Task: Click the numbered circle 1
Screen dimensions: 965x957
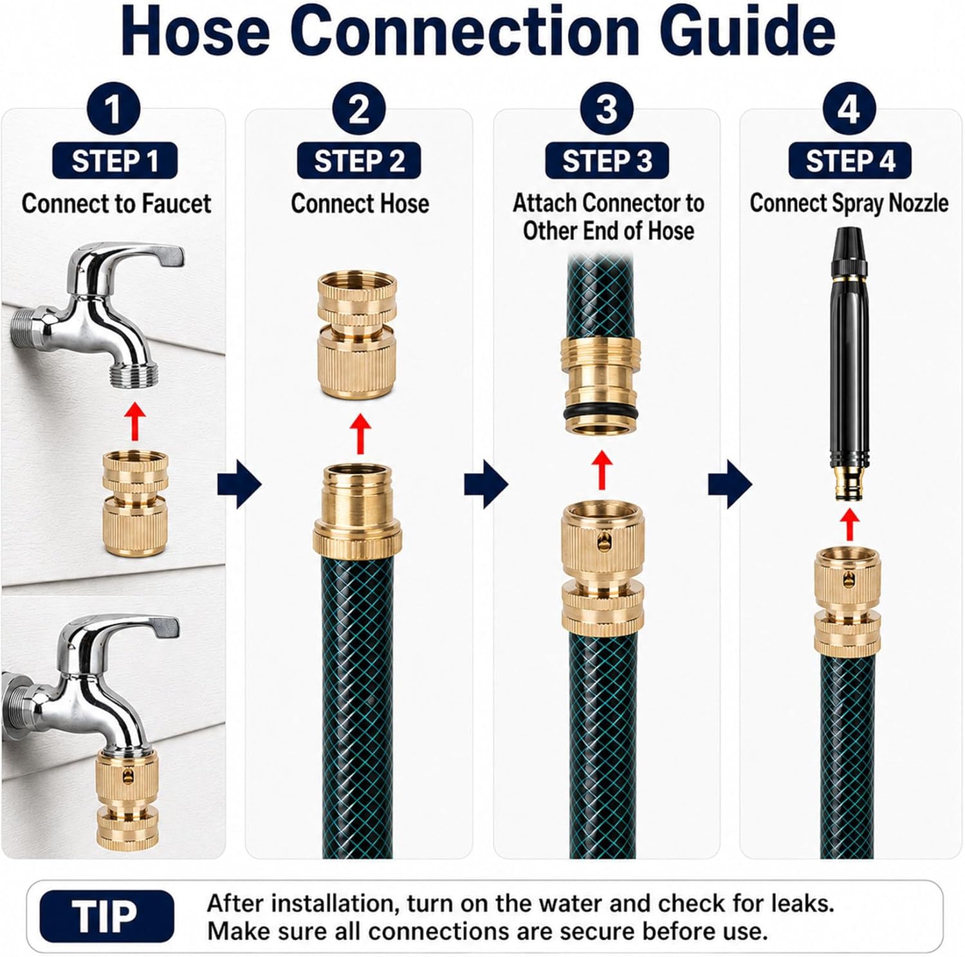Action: point(113,108)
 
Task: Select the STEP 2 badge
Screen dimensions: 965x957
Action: point(359,161)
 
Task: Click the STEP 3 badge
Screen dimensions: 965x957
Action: point(607,161)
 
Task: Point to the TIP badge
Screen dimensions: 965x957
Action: point(106,916)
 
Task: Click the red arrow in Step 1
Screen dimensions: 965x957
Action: point(134,422)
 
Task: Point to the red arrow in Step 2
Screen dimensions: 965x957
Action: point(360,434)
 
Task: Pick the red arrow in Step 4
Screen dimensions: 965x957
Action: point(850,525)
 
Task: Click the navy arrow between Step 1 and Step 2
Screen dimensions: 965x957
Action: point(239,484)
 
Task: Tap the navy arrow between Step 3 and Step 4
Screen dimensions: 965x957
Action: point(730,484)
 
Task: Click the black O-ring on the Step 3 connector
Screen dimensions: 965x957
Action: point(602,414)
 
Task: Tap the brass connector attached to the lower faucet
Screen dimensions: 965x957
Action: point(128,799)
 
